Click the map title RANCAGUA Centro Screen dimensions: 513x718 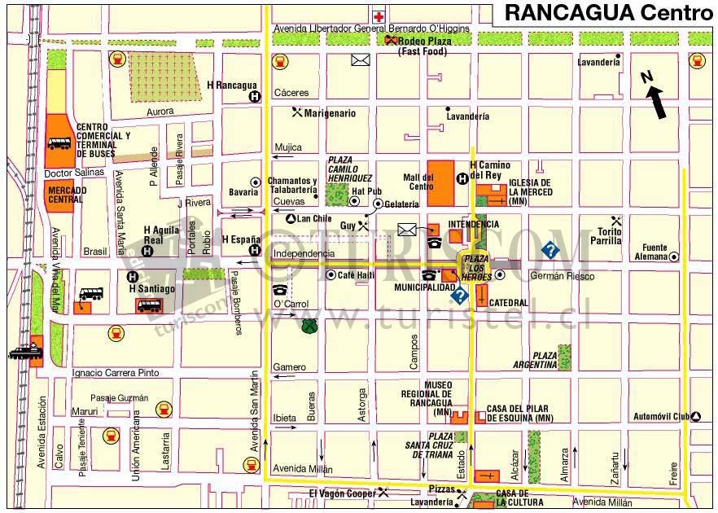pos(607,12)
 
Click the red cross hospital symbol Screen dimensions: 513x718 pos(379,16)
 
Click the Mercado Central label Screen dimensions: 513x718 pos(66,195)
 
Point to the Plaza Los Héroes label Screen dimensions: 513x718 pos(476,267)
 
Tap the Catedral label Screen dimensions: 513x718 pos(509,303)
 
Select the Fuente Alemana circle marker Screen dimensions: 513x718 pos(674,256)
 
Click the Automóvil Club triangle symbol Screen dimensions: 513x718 pos(697,417)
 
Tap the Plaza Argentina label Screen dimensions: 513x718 pos(534,361)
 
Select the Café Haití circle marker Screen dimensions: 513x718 pos(331,275)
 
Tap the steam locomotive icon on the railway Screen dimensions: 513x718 pos(24,352)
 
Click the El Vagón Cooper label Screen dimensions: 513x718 pos(341,493)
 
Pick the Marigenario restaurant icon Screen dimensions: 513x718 pos(297,112)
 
